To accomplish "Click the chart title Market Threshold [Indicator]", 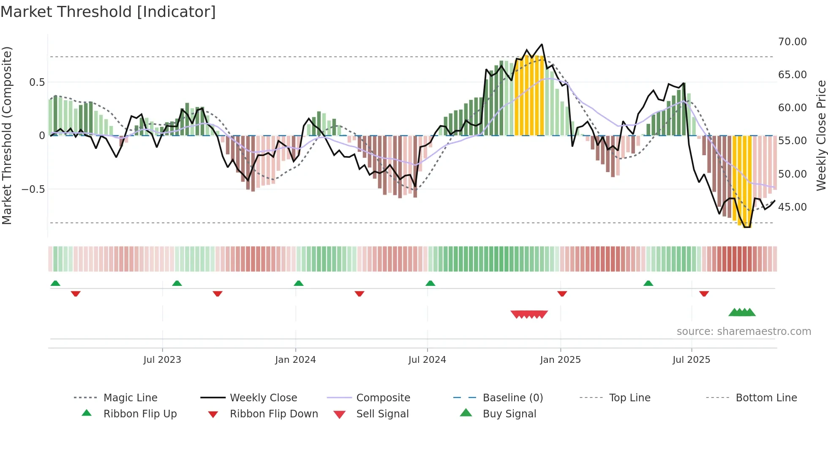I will pos(108,12).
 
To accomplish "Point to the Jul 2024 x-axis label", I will pos(427,360).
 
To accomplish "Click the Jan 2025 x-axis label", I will pos(560,360).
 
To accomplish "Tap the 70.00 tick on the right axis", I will pos(792,42).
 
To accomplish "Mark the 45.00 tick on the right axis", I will pos(792,207).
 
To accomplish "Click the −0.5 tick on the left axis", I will pos(33,189).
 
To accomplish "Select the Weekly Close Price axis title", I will pos(821,135).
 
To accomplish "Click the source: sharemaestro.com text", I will pos(744,332).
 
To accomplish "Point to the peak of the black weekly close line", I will pos(542,44).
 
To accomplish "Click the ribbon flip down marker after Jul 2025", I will pos(704,293).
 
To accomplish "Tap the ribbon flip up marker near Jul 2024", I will pos(430,283).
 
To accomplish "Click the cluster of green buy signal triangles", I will pos(742,312).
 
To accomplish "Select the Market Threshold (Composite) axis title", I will pos(7,135).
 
